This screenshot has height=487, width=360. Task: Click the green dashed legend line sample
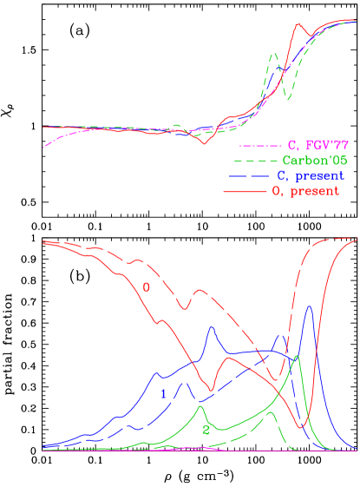(x=256, y=161)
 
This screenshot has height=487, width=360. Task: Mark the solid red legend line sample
(x=245, y=192)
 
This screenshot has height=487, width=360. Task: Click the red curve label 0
(x=147, y=286)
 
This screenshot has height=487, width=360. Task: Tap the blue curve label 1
(x=163, y=394)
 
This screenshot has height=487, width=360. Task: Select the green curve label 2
(x=206, y=430)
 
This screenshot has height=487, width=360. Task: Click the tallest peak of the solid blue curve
(x=309, y=306)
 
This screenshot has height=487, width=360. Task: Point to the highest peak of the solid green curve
(x=298, y=355)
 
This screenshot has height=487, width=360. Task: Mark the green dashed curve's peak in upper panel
(x=274, y=54)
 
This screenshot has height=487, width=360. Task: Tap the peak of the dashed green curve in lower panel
(x=270, y=412)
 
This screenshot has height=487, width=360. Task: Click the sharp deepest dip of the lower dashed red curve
(x=272, y=380)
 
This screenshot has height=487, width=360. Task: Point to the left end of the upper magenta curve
(x=43, y=148)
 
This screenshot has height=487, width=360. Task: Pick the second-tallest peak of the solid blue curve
(x=211, y=327)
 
